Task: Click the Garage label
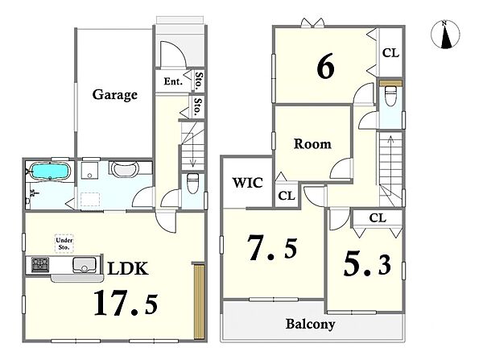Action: tap(114, 95)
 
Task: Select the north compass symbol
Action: tap(445, 35)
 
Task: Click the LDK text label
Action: tap(128, 268)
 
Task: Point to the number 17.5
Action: tap(126, 303)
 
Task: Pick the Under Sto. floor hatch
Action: tap(64, 243)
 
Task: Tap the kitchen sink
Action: tap(84, 265)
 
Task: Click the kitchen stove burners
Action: tap(40, 265)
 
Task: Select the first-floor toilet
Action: tap(193, 184)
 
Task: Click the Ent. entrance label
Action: tap(173, 81)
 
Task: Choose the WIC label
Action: tap(248, 183)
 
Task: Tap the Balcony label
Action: tap(310, 325)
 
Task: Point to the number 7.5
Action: tap(273, 248)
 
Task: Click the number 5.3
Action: tap(367, 265)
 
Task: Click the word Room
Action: tap(312, 144)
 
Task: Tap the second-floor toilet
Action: tap(390, 96)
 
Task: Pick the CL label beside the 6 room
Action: tap(390, 53)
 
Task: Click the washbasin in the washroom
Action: tap(124, 169)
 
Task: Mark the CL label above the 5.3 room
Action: tap(378, 218)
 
